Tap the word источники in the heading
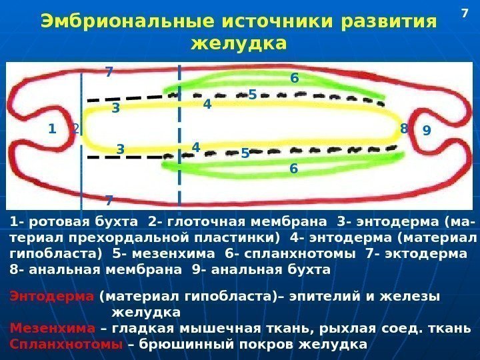click(x=279, y=22)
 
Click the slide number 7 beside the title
click(x=466, y=12)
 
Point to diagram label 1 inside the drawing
click(x=52, y=129)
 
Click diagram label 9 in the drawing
click(x=427, y=131)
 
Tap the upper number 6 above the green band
click(x=294, y=79)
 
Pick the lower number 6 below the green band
click(x=293, y=169)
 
